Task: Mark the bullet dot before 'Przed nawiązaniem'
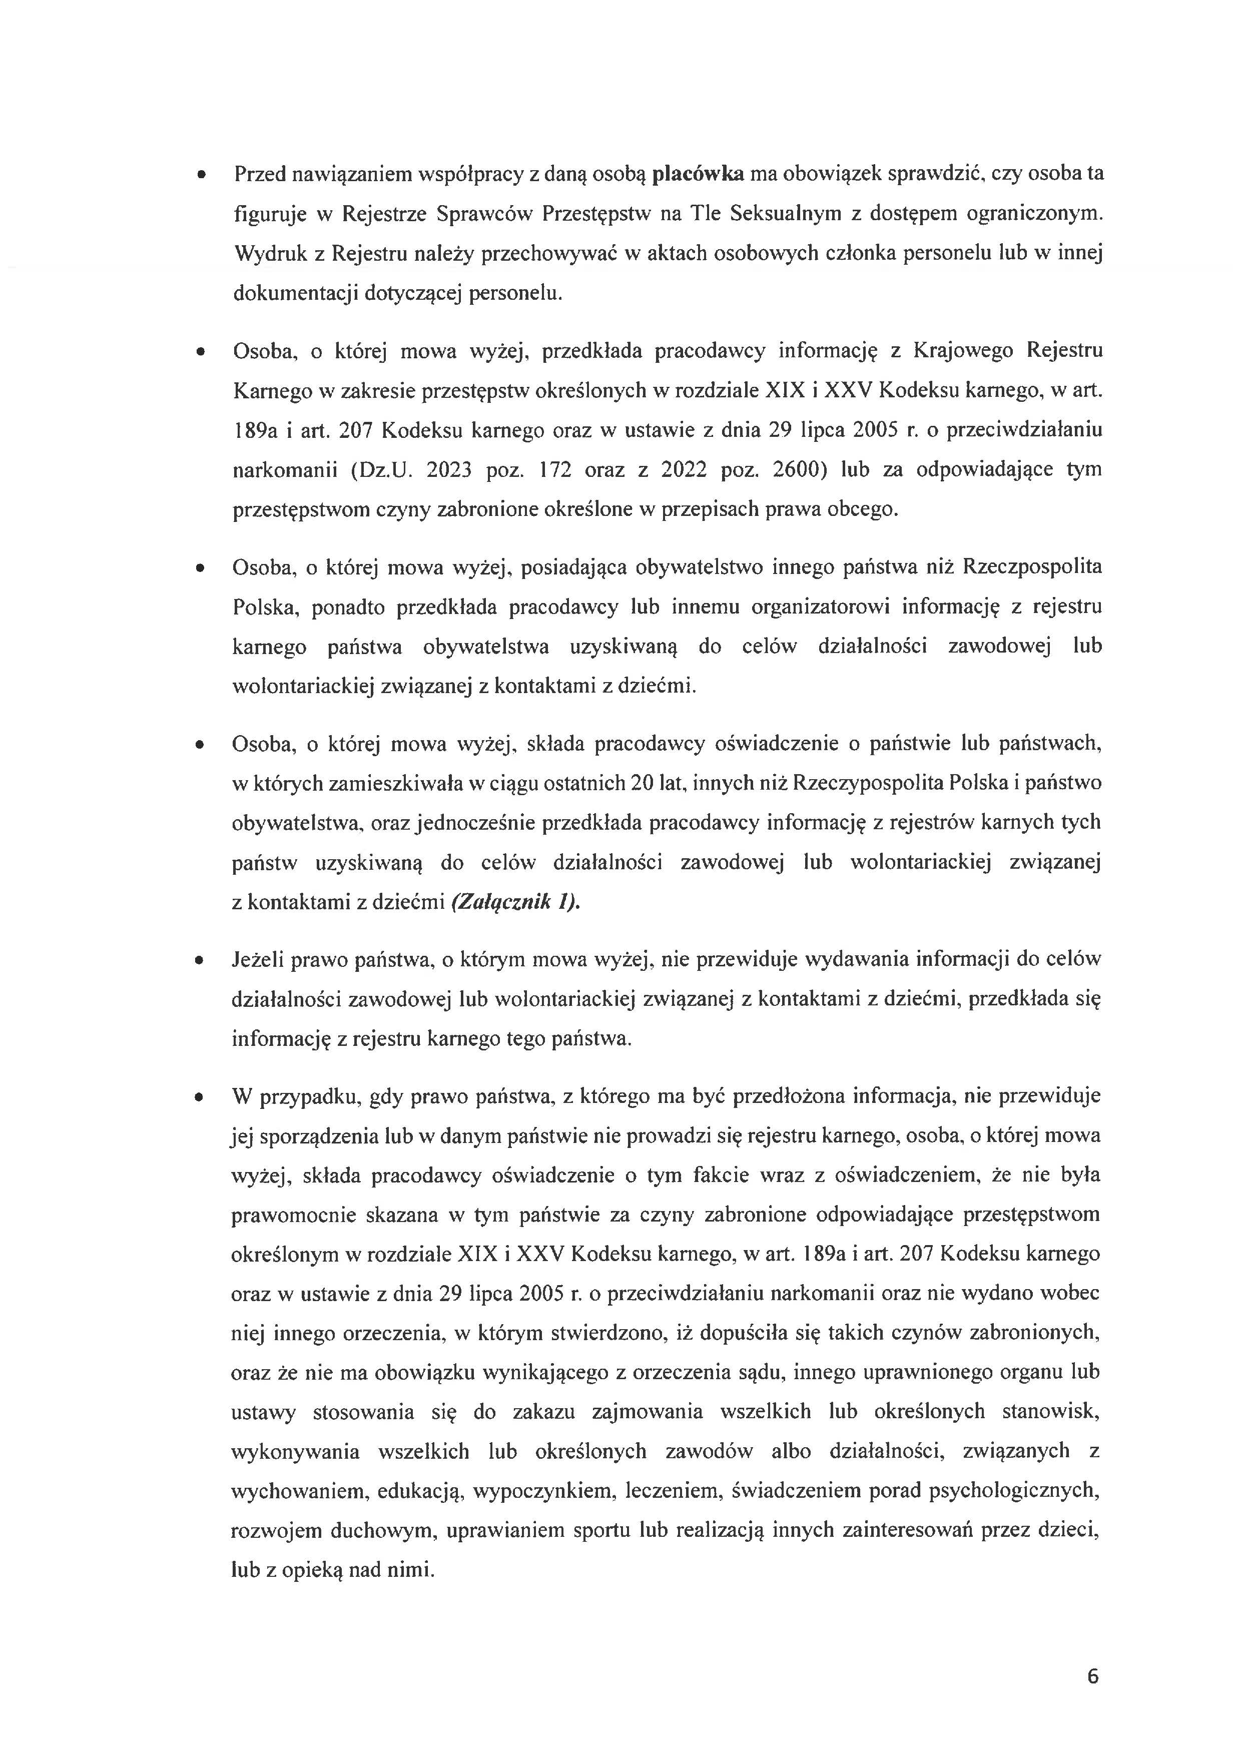[x=201, y=176]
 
